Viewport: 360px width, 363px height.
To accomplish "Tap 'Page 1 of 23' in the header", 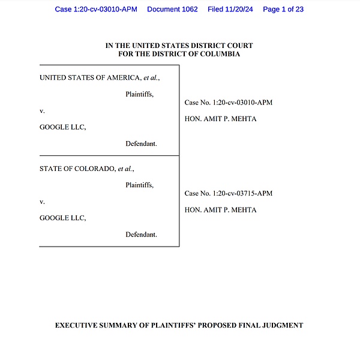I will [x=283, y=9].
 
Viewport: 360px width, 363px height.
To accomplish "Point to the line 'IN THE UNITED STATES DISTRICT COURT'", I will [x=179, y=46].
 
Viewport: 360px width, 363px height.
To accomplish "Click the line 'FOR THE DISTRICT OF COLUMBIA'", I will [x=179, y=54].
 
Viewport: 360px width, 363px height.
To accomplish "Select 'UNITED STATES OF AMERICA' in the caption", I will [x=89, y=77].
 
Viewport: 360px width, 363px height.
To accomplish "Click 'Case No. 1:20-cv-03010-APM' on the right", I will [x=229, y=103].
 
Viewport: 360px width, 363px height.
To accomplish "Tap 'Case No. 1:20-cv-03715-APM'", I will [x=229, y=193].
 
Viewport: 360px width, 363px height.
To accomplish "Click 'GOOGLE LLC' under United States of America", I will [x=63, y=127].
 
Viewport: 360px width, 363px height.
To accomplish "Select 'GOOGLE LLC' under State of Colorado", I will [x=63, y=218].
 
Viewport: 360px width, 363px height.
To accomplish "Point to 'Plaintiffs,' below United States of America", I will [x=139, y=94].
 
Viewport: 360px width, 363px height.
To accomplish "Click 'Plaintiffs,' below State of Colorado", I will [x=139, y=185].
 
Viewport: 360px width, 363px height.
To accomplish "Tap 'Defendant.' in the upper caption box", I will [x=141, y=144].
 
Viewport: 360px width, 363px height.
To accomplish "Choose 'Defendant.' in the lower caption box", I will [x=141, y=235].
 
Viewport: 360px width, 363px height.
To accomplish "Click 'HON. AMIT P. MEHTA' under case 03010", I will [x=221, y=119].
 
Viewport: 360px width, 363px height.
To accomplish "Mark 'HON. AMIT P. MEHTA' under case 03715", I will [x=221, y=210].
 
